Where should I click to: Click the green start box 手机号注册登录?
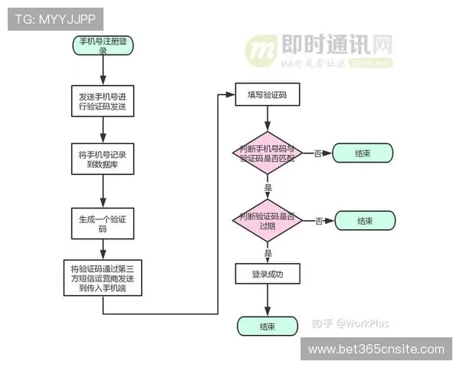pos(102,45)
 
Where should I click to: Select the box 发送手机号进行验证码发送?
pos(102,102)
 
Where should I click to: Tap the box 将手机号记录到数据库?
pos(102,159)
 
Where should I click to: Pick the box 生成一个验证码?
pos(102,223)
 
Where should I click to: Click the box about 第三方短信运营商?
pos(102,278)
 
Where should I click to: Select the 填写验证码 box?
pos(267,95)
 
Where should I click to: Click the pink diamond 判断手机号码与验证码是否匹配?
pos(267,153)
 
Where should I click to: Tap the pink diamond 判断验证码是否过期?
pos(267,220)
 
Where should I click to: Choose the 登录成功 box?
pos(267,274)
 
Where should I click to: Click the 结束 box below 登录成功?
pos(267,326)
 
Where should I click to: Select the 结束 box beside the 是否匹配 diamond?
pos(363,153)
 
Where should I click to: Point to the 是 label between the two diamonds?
pos(268,187)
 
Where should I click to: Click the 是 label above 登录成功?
pos(268,252)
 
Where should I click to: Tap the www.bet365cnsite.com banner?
pos(376,350)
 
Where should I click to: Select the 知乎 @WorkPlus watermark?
pos(356,323)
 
